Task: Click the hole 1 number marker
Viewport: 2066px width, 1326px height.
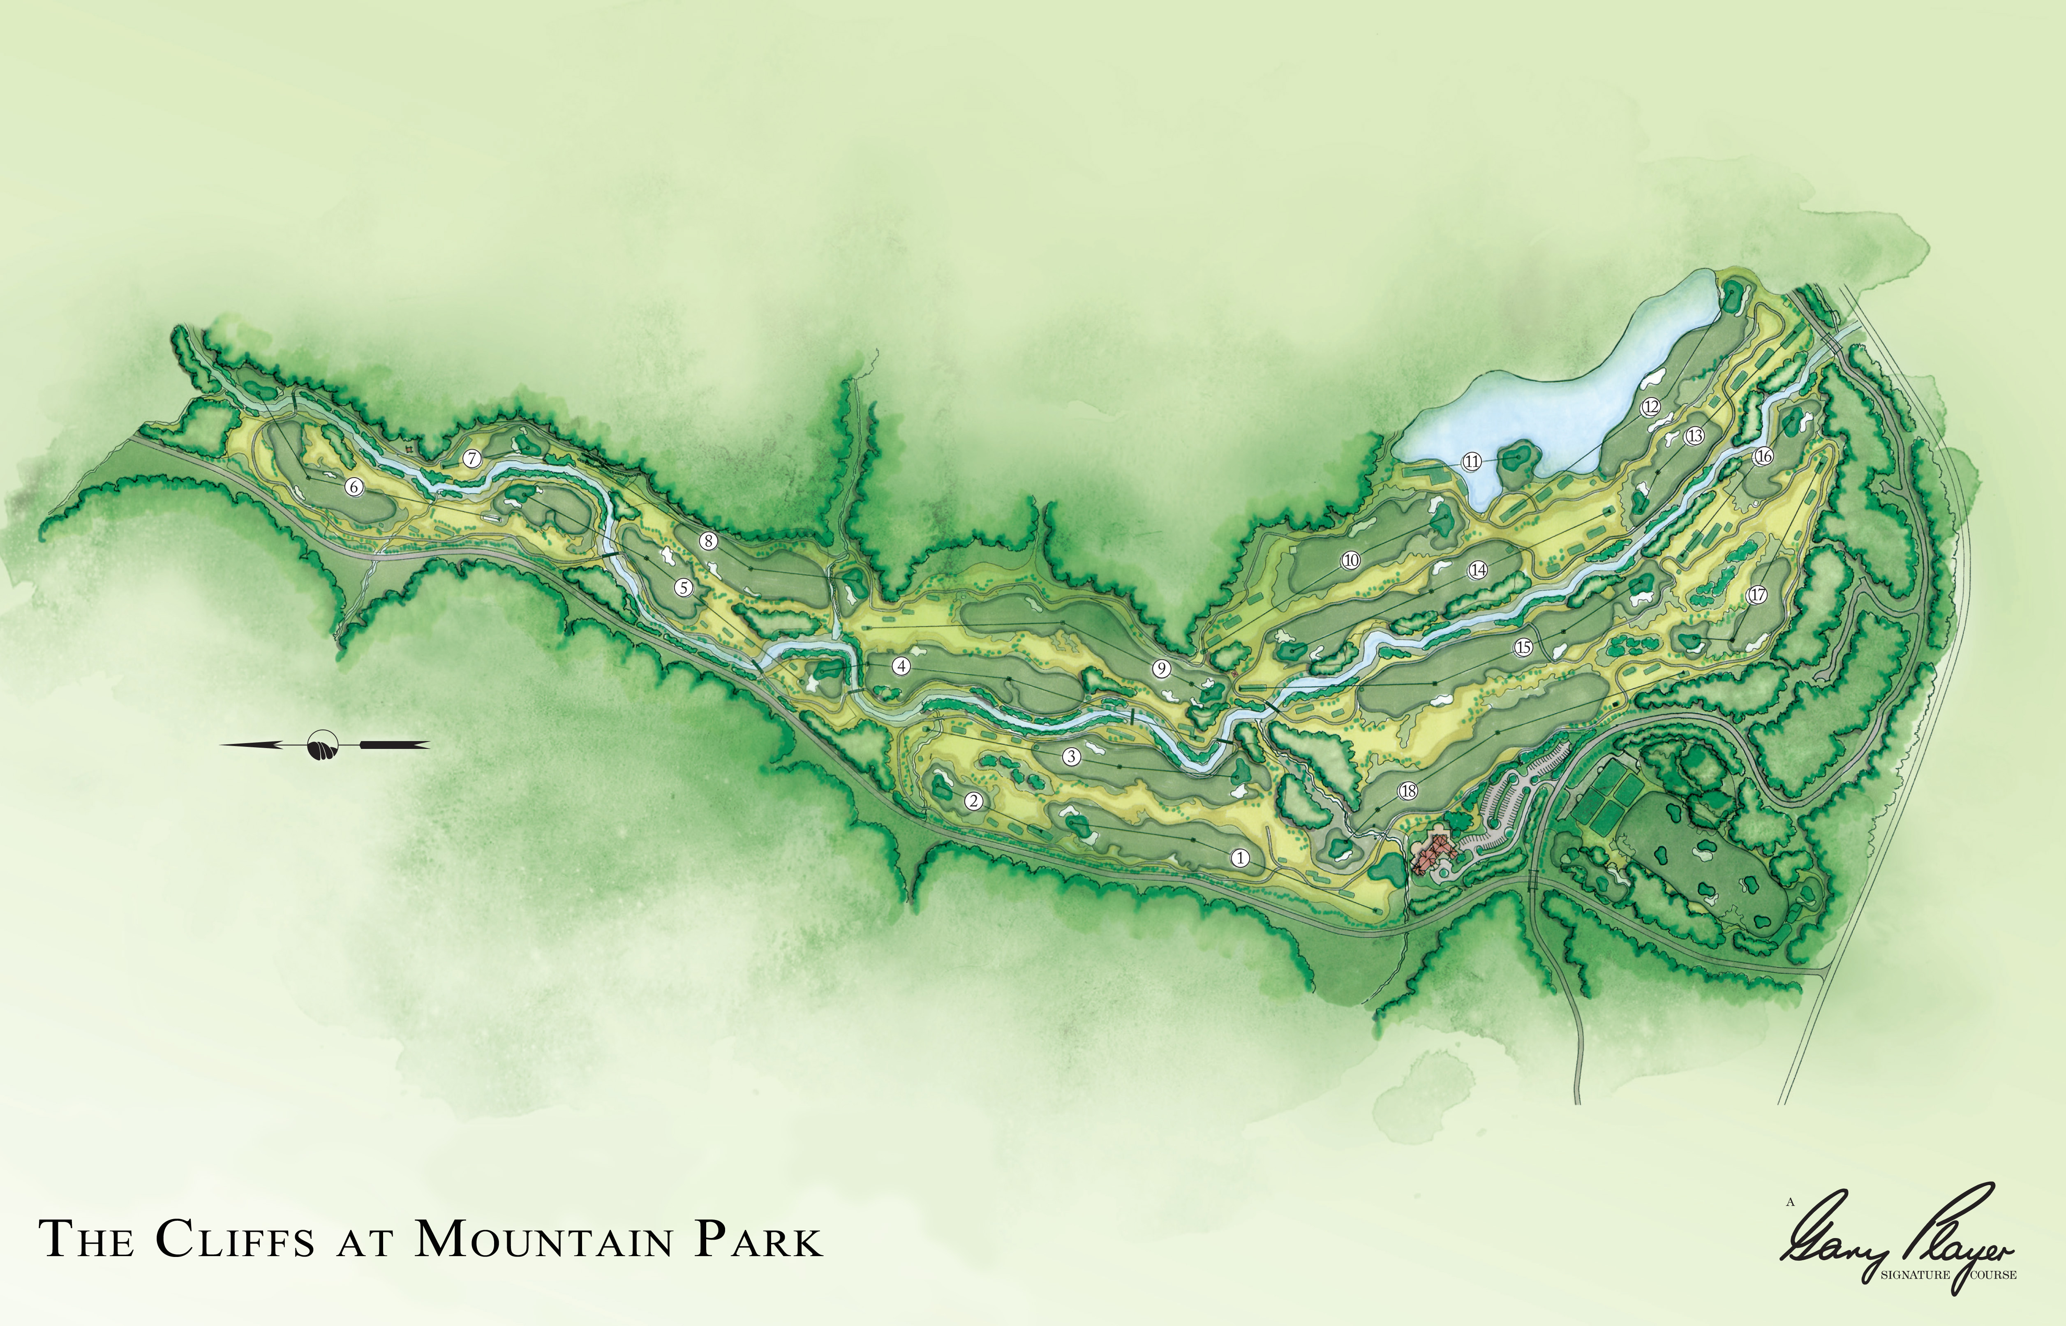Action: pos(1241,857)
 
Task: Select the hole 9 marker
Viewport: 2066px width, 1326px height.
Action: pos(1161,668)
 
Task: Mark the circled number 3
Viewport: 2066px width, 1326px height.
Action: pos(1071,757)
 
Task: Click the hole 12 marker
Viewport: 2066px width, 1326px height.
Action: pos(1650,407)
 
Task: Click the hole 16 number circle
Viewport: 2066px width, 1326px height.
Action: pos(1763,456)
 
